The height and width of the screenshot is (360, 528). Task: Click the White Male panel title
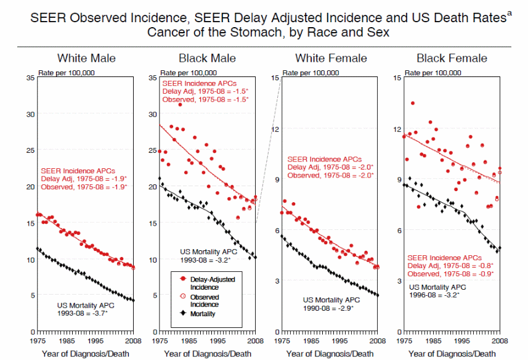pos(86,59)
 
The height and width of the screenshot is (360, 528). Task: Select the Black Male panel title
pos(207,59)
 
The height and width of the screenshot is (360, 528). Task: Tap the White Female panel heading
pos(331,59)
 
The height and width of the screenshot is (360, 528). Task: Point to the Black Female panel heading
pos(452,59)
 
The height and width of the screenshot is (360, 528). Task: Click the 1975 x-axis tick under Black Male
pos(160,340)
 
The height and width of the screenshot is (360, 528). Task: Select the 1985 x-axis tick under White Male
pos(66,340)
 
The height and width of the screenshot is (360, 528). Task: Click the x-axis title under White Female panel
pos(330,354)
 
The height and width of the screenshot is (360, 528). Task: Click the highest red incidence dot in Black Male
pos(180,105)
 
